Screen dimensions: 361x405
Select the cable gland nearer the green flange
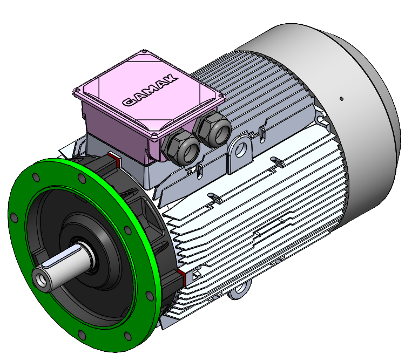pos(182,147)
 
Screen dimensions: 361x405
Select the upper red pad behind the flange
pos(114,160)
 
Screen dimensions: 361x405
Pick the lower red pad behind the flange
pos(181,278)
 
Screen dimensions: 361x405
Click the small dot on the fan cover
pos(341,99)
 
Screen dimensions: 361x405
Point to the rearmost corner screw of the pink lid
pos(145,52)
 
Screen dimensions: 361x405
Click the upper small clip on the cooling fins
pos(275,160)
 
